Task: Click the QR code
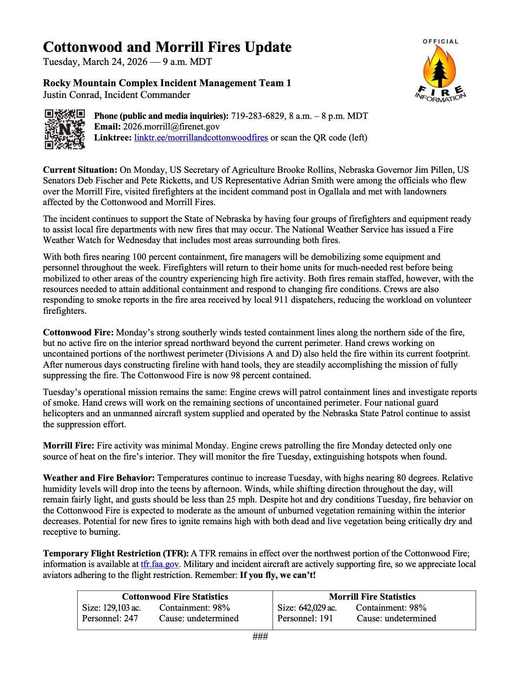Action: point(65,129)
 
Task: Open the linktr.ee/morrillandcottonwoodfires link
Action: point(201,138)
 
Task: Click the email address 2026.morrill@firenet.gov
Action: point(171,127)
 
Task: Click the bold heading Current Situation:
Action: point(80,170)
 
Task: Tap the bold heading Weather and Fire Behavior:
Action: point(99,478)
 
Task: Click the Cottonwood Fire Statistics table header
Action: point(175,596)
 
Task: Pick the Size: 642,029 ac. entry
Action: point(307,607)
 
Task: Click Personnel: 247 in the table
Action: point(110,618)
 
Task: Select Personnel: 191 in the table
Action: point(305,618)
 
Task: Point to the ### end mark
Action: point(260,636)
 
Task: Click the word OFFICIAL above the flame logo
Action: point(440,41)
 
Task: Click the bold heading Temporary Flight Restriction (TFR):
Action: point(116,553)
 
